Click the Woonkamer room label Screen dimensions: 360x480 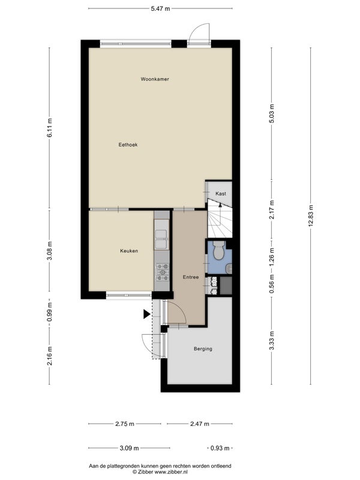tap(155, 79)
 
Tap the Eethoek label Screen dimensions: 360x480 tap(128, 145)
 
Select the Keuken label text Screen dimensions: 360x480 tap(129, 251)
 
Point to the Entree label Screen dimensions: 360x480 tap(191, 277)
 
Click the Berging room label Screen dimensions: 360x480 tap(203, 349)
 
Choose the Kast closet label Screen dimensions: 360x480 tap(221, 193)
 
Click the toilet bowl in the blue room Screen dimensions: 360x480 tap(218, 251)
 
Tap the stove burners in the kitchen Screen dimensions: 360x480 tap(162, 272)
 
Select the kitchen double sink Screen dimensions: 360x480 tap(161, 239)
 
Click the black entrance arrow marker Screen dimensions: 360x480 tap(146, 314)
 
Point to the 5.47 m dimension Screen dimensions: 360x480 tap(160, 8)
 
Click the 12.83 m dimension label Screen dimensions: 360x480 tap(311, 216)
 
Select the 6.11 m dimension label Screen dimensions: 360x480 tap(50, 127)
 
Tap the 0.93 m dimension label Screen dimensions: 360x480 tap(220, 448)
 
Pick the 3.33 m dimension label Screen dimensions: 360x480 tap(272, 340)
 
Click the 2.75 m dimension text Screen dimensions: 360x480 tap(125, 424)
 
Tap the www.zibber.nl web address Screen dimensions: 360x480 tap(171, 472)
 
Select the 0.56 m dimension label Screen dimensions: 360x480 tap(272, 284)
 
